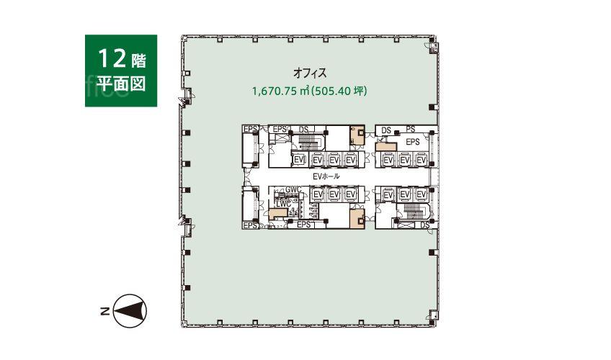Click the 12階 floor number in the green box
[x=121, y=59]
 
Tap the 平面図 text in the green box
[x=121, y=83]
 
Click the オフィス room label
[x=309, y=73]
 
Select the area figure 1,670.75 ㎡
[x=280, y=91]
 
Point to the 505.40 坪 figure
[x=339, y=91]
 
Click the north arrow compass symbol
[x=130, y=310]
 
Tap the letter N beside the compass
[x=104, y=311]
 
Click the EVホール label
[x=326, y=176]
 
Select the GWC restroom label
[x=293, y=190]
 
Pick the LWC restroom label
[x=283, y=204]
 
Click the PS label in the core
[x=410, y=129]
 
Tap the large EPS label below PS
[x=413, y=142]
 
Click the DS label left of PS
[x=386, y=130]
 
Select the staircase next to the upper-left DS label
[x=308, y=142]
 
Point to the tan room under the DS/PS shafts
[x=385, y=147]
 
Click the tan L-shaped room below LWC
[x=278, y=213]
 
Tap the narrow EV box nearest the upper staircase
[x=299, y=160]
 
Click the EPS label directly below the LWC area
[x=303, y=225]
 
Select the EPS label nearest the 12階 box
[x=250, y=129]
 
